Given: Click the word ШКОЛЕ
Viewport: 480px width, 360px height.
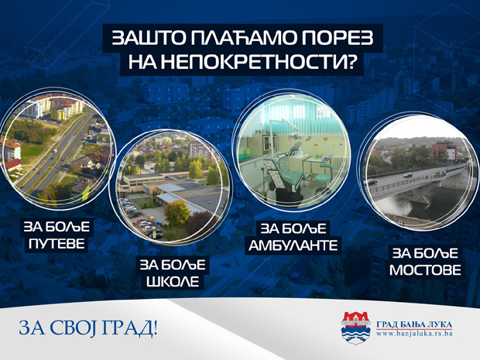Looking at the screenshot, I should pos(171,282).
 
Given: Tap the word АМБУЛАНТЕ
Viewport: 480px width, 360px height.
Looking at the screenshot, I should pos(293,246).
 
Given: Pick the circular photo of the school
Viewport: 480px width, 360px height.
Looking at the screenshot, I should pos(171,186).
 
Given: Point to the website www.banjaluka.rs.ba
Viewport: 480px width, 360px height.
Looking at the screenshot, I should pos(413,334).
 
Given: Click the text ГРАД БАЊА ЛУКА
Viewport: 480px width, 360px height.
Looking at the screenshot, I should pos(413,323).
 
